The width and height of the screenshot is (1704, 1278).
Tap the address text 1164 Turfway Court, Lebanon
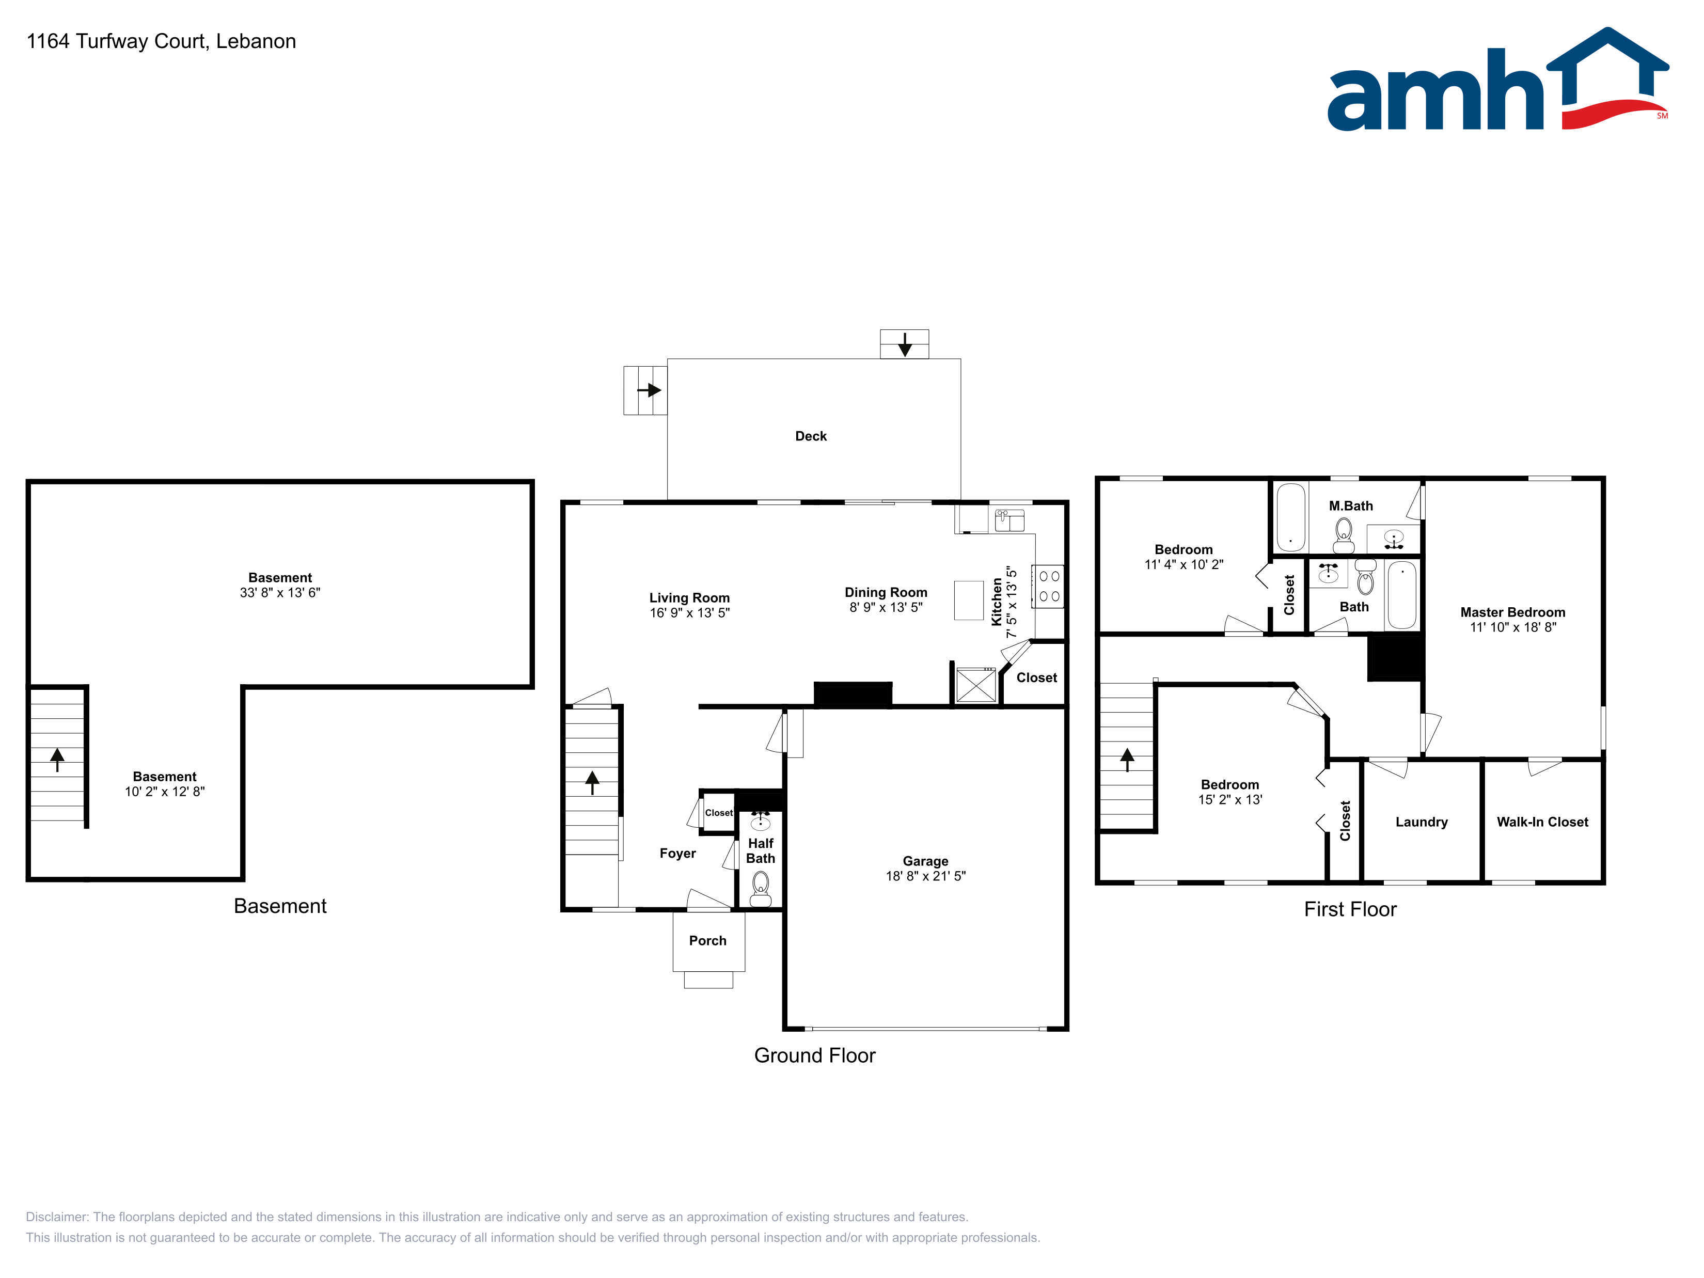click(161, 42)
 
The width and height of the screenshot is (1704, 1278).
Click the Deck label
click(810, 436)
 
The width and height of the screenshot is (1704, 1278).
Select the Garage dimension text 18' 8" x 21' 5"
click(925, 876)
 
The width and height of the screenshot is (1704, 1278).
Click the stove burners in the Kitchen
click(1048, 586)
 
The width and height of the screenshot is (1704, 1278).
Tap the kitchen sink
click(1009, 520)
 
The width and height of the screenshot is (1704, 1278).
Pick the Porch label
click(707, 941)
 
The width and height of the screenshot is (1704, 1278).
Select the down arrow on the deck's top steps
click(904, 344)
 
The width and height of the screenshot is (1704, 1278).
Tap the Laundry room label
click(1421, 822)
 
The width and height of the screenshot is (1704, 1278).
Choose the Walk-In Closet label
click(1542, 822)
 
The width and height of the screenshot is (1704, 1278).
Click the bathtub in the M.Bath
click(1290, 517)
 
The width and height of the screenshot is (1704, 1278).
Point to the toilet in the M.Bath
click(1344, 534)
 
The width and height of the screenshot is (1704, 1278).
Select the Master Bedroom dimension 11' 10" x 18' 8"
click(1513, 627)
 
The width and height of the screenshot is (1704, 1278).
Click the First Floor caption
click(1350, 910)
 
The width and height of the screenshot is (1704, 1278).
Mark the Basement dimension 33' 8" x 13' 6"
click(280, 592)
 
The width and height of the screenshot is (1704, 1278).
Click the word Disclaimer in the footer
click(56, 1217)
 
